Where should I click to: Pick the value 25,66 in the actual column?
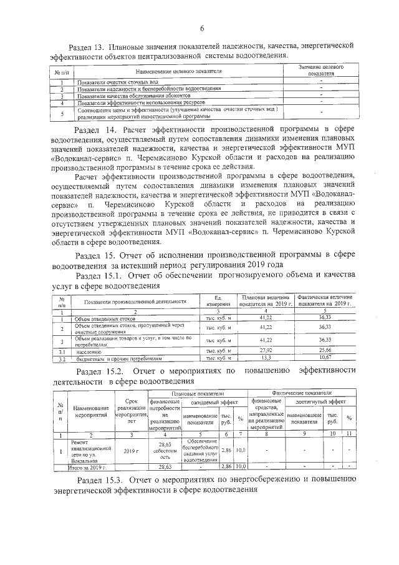point(324,352)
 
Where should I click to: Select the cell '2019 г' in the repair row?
point(131,449)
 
